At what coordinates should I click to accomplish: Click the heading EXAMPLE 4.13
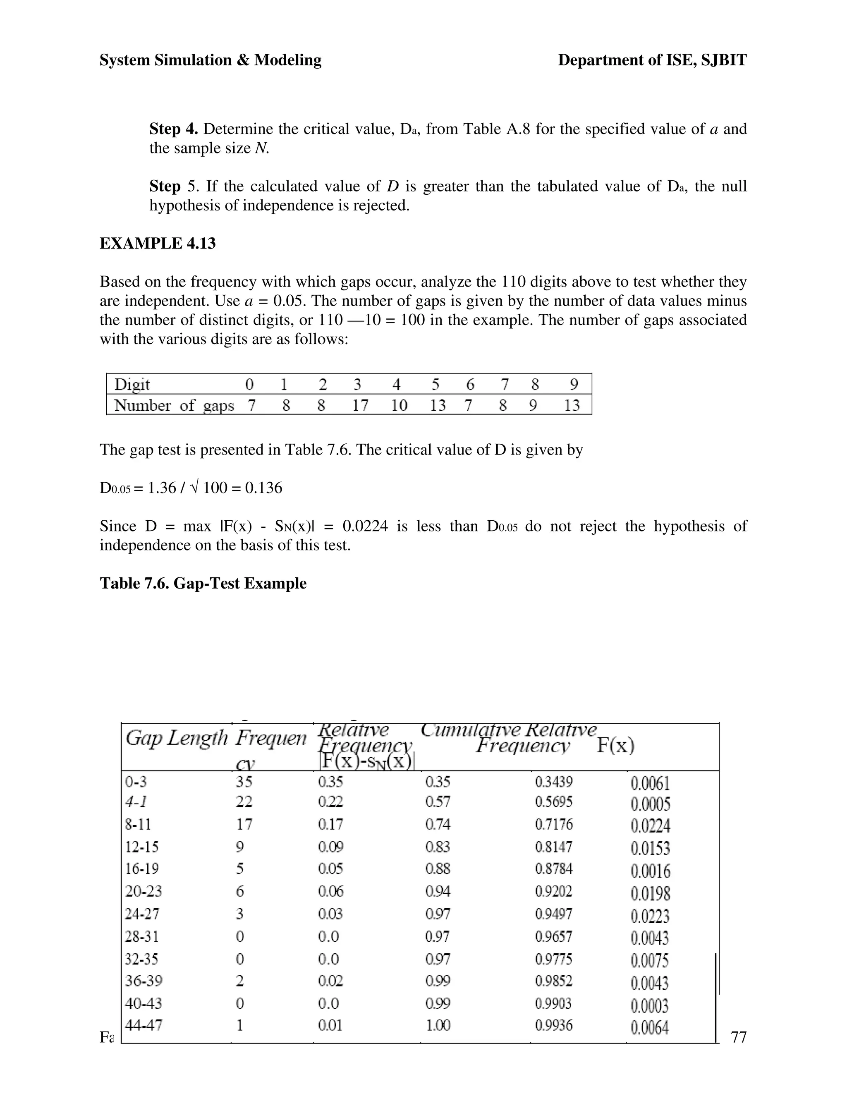coord(158,243)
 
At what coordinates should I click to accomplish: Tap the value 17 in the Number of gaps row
coord(360,405)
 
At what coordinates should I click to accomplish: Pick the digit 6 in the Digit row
coord(470,385)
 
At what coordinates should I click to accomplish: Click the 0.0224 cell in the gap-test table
coord(650,826)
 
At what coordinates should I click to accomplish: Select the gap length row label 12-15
coord(141,847)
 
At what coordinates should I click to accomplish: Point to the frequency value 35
coord(244,782)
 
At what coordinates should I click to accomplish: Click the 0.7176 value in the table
coord(553,825)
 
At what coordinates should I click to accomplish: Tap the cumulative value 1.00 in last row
coord(438,1025)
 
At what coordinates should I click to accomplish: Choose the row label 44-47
coord(144,1025)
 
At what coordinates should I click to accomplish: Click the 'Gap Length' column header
coord(177,738)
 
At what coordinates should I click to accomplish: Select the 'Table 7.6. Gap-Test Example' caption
coord(203,583)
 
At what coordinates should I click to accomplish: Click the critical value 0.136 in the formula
coord(263,488)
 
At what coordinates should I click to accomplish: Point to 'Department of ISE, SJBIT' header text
coord(652,60)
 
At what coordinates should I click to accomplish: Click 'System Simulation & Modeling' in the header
coord(210,60)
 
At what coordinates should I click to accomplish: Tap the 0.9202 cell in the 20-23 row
coord(553,891)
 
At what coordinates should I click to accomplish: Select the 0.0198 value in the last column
coord(650,893)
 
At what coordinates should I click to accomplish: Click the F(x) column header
coord(615,746)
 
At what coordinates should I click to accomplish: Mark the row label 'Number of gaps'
coord(174,405)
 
